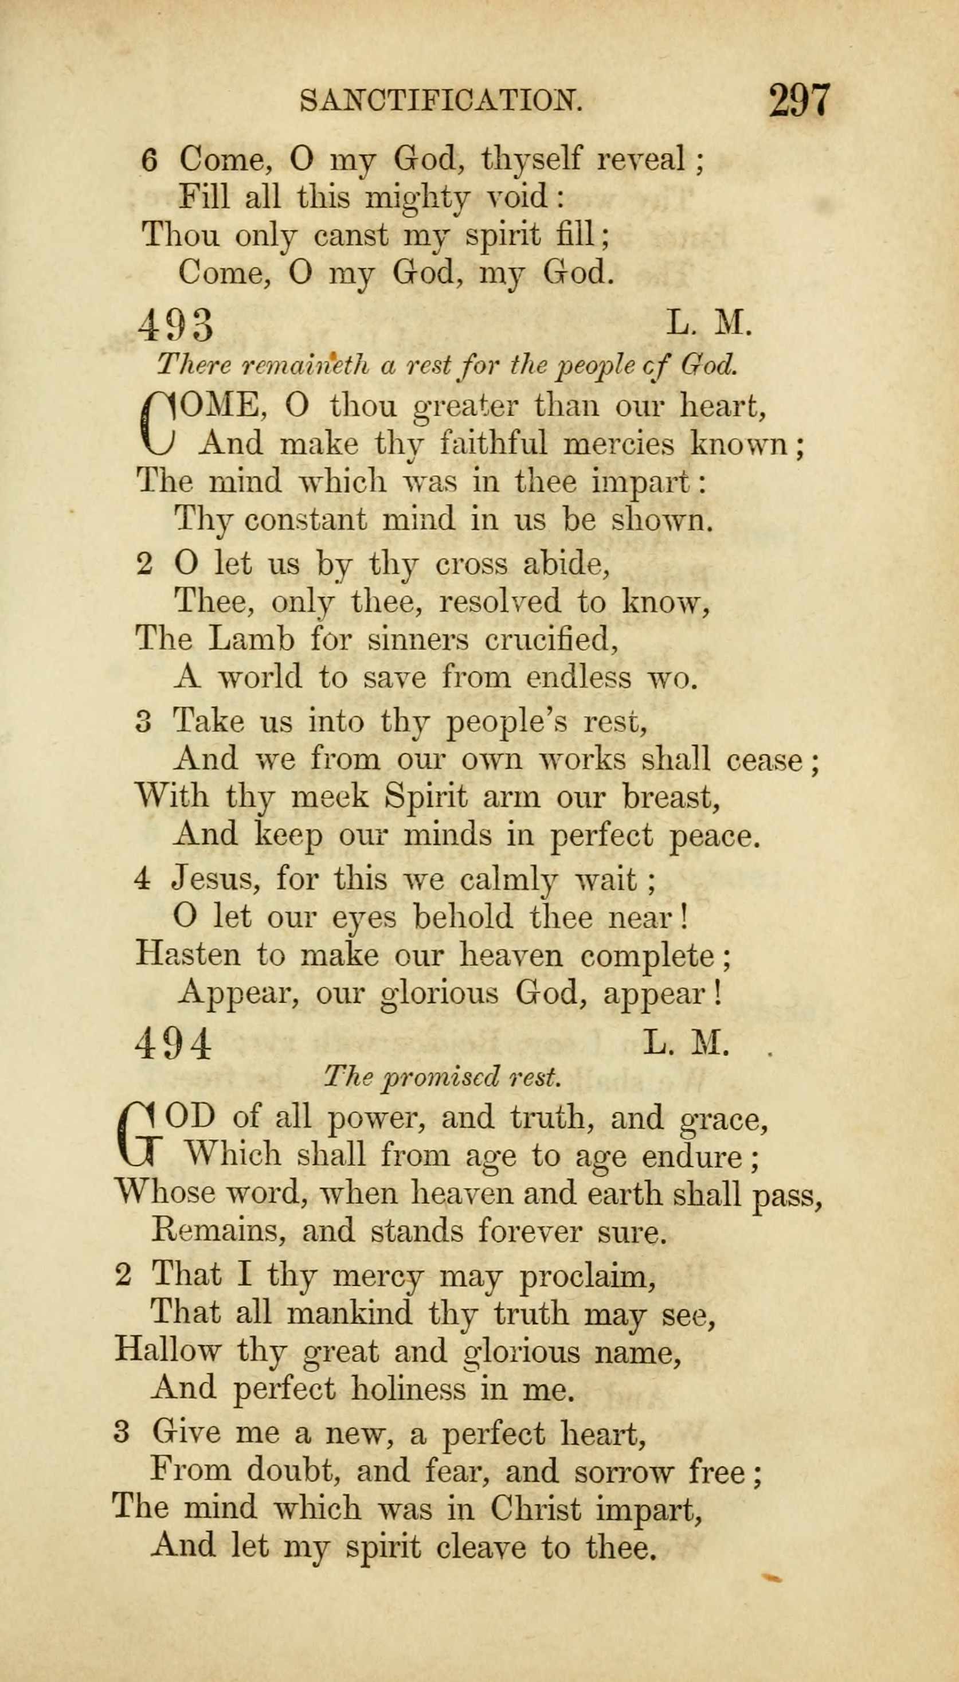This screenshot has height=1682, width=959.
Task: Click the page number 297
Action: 800,100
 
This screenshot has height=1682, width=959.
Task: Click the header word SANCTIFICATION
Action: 441,100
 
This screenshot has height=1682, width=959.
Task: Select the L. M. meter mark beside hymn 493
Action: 710,323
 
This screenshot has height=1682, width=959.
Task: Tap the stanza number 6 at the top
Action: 150,161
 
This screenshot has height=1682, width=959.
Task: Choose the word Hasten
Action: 187,955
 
